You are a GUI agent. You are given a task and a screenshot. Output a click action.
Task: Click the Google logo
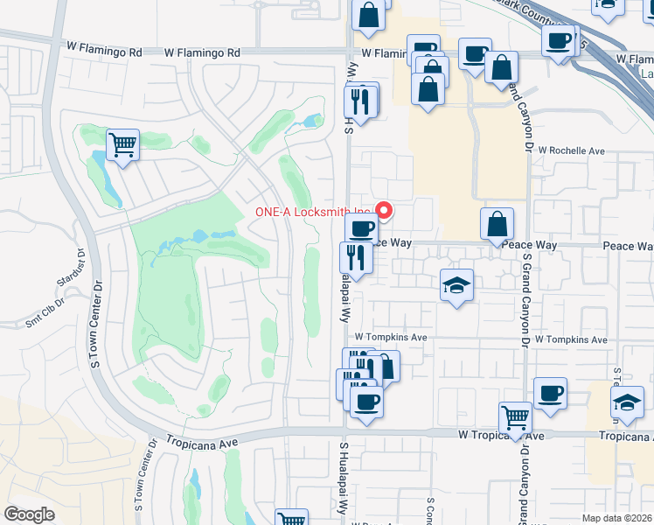pyautogui.click(x=29, y=514)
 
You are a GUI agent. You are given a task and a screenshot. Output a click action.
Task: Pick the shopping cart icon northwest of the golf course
pyautogui.click(x=122, y=144)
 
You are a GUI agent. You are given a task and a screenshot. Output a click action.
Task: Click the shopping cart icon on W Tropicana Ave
pyautogui.click(x=516, y=418)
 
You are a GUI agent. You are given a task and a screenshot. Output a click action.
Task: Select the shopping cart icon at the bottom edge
pyautogui.click(x=292, y=519)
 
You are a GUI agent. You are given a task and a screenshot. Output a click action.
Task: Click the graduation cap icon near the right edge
pyautogui.click(x=626, y=402)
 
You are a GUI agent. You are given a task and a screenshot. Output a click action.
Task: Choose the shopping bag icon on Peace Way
pyautogui.click(x=497, y=224)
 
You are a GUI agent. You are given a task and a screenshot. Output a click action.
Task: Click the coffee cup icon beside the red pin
pyautogui.click(x=360, y=229)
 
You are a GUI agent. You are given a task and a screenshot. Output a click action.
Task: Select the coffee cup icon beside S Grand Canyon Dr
pyautogui.click(x=550, y=393)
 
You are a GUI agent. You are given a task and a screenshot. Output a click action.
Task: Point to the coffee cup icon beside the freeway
pyautogui.click(x=558, y=39)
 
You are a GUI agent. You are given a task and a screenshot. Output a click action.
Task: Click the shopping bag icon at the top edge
pyautogui.click(x=369, y=14)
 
